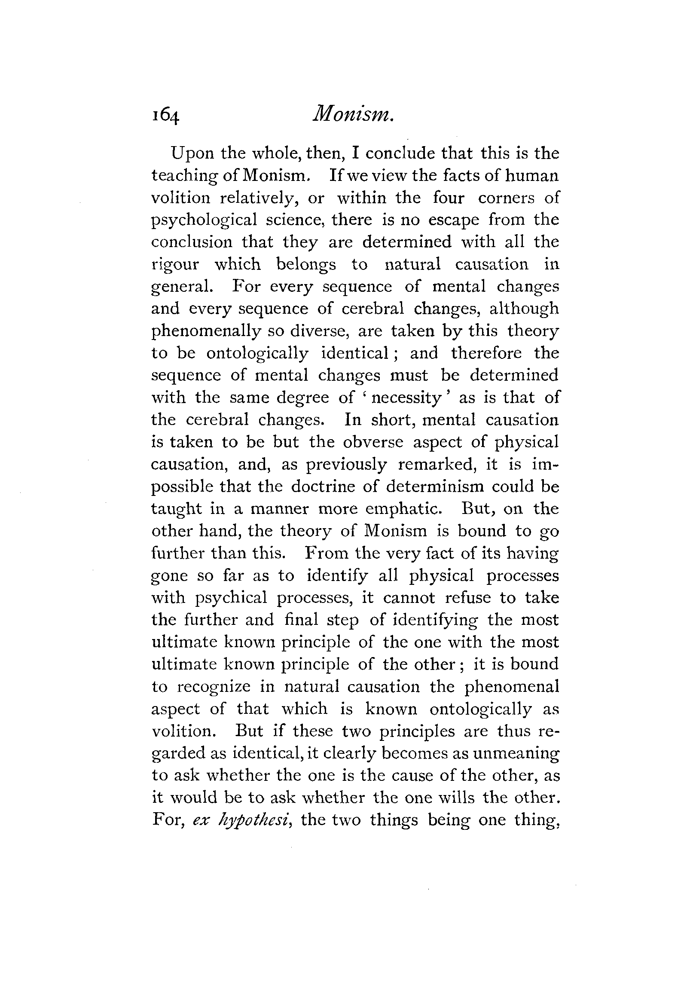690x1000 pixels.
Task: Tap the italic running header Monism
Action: click(x=353, y=115)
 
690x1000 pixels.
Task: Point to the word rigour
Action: click(x=175, y=265)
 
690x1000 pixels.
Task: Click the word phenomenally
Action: click(x=205, y=331)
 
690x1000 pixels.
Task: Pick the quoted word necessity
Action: click(x=406, y=398)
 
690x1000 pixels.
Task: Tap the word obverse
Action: click(x=372, y=442)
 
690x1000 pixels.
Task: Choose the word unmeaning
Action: click(x=516, y=754)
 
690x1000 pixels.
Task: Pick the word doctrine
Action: click(x=322, y=487)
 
